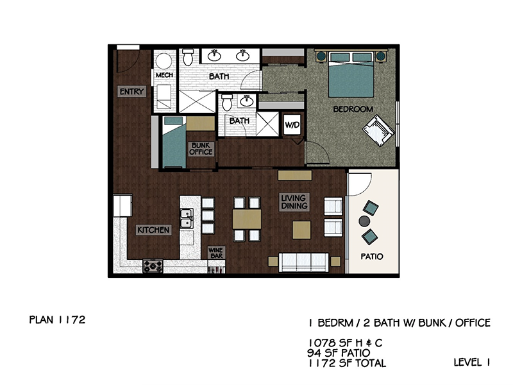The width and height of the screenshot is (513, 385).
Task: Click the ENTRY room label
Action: [131, 92]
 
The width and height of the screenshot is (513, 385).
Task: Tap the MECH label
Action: [164, 75]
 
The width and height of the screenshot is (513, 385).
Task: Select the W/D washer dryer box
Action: [292, 124]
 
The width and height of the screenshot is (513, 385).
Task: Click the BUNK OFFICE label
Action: [201, 149]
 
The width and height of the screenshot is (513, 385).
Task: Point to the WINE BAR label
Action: [216, 253]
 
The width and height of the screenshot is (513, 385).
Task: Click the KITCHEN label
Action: [153, 230]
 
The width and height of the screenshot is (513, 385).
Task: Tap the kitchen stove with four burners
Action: [153, 266]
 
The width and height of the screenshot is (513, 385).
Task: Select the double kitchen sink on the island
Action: [187, 218]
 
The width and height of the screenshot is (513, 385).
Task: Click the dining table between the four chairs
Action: [247, 219]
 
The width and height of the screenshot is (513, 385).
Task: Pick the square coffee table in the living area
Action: [301, 230]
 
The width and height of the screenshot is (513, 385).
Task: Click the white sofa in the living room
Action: [303, 262]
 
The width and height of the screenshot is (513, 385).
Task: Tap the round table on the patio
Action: [364, 221]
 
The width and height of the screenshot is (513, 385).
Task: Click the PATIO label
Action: [372, 256]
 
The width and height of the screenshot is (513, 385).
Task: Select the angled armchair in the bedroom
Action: [378, 130]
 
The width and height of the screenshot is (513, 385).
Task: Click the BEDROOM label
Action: [353, 109]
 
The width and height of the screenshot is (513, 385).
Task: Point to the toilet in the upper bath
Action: [188, 57]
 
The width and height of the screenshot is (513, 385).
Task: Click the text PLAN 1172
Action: [57, 320]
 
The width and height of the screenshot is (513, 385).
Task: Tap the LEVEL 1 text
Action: [471, 362]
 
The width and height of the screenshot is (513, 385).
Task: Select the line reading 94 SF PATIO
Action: [339, 352]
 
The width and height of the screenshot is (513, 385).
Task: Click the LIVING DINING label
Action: [294, 201]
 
